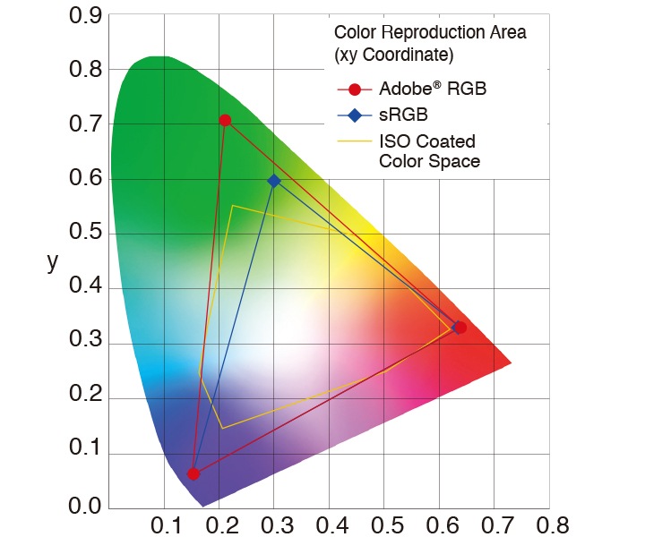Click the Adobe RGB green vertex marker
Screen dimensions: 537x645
(x=225, y=120)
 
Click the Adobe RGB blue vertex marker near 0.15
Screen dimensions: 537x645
(x=193, y=473)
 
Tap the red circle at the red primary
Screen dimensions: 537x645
(x=460, y=328)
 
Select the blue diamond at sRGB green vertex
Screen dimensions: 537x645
(x=274, y=181)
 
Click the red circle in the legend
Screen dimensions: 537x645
(x=356, y=89)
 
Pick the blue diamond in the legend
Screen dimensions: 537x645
(x=356, y=115)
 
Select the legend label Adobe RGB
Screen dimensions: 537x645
(x=433, y=89)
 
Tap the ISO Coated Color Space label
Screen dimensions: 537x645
(x=429, y=151)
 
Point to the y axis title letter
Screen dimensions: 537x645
(x=52, y=261)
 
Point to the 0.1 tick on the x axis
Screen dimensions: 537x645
(x=165, y=524)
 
